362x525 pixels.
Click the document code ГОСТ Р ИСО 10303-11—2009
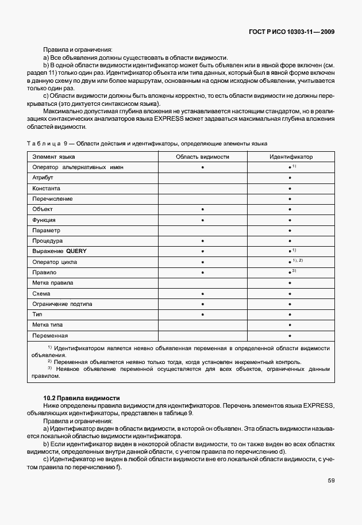click(293, 32)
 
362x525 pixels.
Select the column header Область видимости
click(202, 156)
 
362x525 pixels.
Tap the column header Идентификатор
click(291, 156)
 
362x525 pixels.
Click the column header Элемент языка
click(53, 156)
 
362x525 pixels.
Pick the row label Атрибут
click(43, 178)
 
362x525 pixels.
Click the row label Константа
click(47, 188)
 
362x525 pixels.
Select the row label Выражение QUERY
click(60, 251)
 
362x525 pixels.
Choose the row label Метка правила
click(53, 283)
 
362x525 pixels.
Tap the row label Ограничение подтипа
click(63, 304)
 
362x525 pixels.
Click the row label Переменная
click(51, 335)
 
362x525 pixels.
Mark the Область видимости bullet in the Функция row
click(203, 220)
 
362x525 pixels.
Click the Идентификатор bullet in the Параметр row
click(290, 230)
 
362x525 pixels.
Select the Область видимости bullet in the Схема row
click(203, 293)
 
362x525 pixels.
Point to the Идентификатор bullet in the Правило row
click(290, 273)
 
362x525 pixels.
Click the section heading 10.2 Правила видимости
click(82, 397)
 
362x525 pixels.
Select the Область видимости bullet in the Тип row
click(203, 315)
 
